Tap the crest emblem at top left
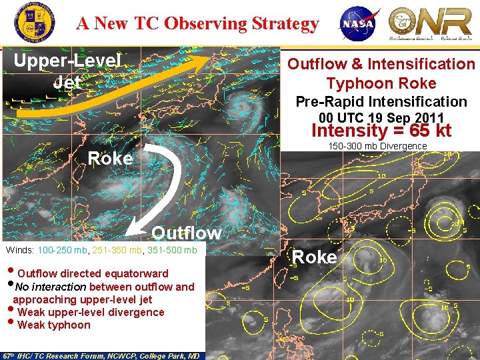[31, 22]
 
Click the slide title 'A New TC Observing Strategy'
[197, 23]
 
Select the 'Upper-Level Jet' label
[67, 71]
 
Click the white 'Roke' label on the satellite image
[110, 159]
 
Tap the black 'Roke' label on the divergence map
[315, 257]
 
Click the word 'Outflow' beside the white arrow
[186, 233]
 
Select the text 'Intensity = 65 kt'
[381, 130]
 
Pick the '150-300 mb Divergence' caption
[377, 146]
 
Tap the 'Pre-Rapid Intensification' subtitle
[381, 101]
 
